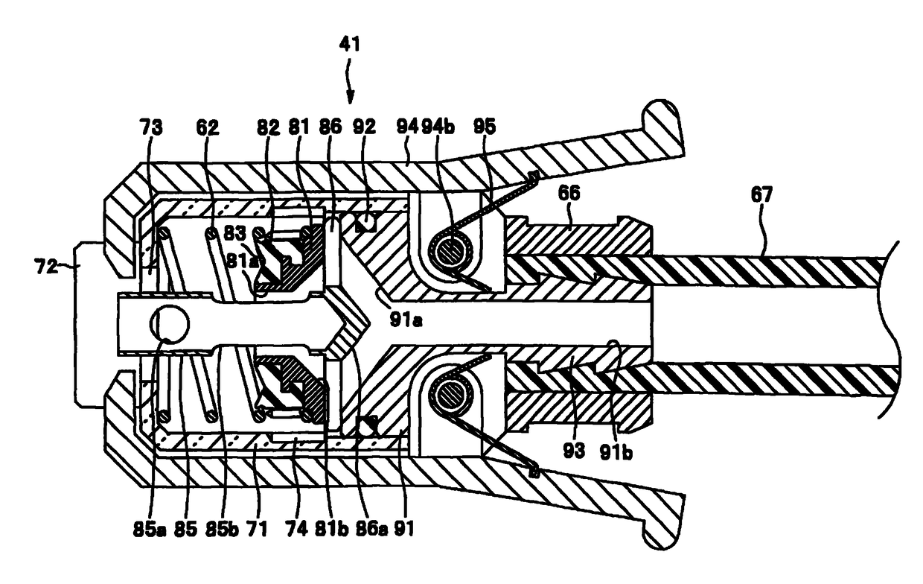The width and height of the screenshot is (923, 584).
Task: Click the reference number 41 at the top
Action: click(350, 44)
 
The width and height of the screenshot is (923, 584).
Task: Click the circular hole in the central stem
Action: click(169, 323)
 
